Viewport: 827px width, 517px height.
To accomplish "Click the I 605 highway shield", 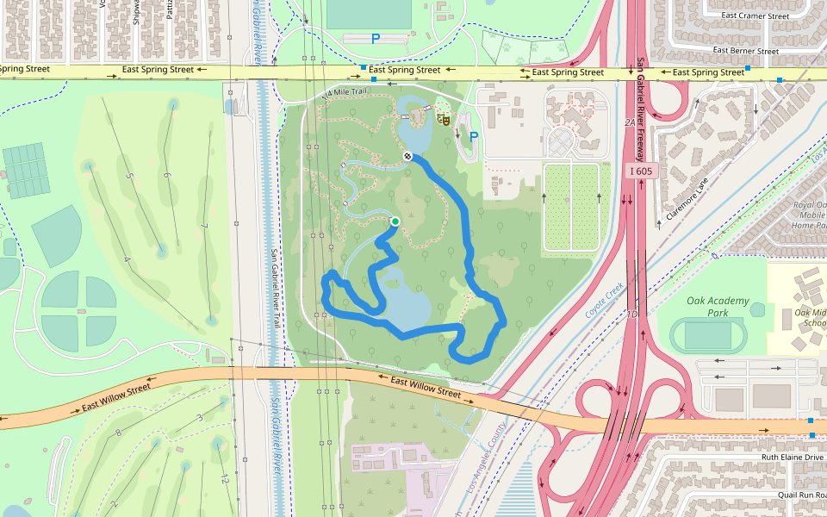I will tap(641, 171).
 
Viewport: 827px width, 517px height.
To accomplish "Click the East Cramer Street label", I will tap(755, 16).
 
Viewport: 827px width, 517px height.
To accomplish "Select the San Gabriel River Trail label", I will tap(275, 287).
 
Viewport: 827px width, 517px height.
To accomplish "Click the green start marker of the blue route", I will tap(395, 221).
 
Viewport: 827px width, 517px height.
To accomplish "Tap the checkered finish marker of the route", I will tap(407, 156).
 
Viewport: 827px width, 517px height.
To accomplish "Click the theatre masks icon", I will tap(445, 118).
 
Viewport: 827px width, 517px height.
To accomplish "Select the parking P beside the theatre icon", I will tap(473, 136).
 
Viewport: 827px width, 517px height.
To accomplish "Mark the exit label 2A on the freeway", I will tap(629, 123).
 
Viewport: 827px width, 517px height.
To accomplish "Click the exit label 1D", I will tap(631, 315).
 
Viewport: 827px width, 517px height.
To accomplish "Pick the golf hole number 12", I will tap(224, 478).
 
